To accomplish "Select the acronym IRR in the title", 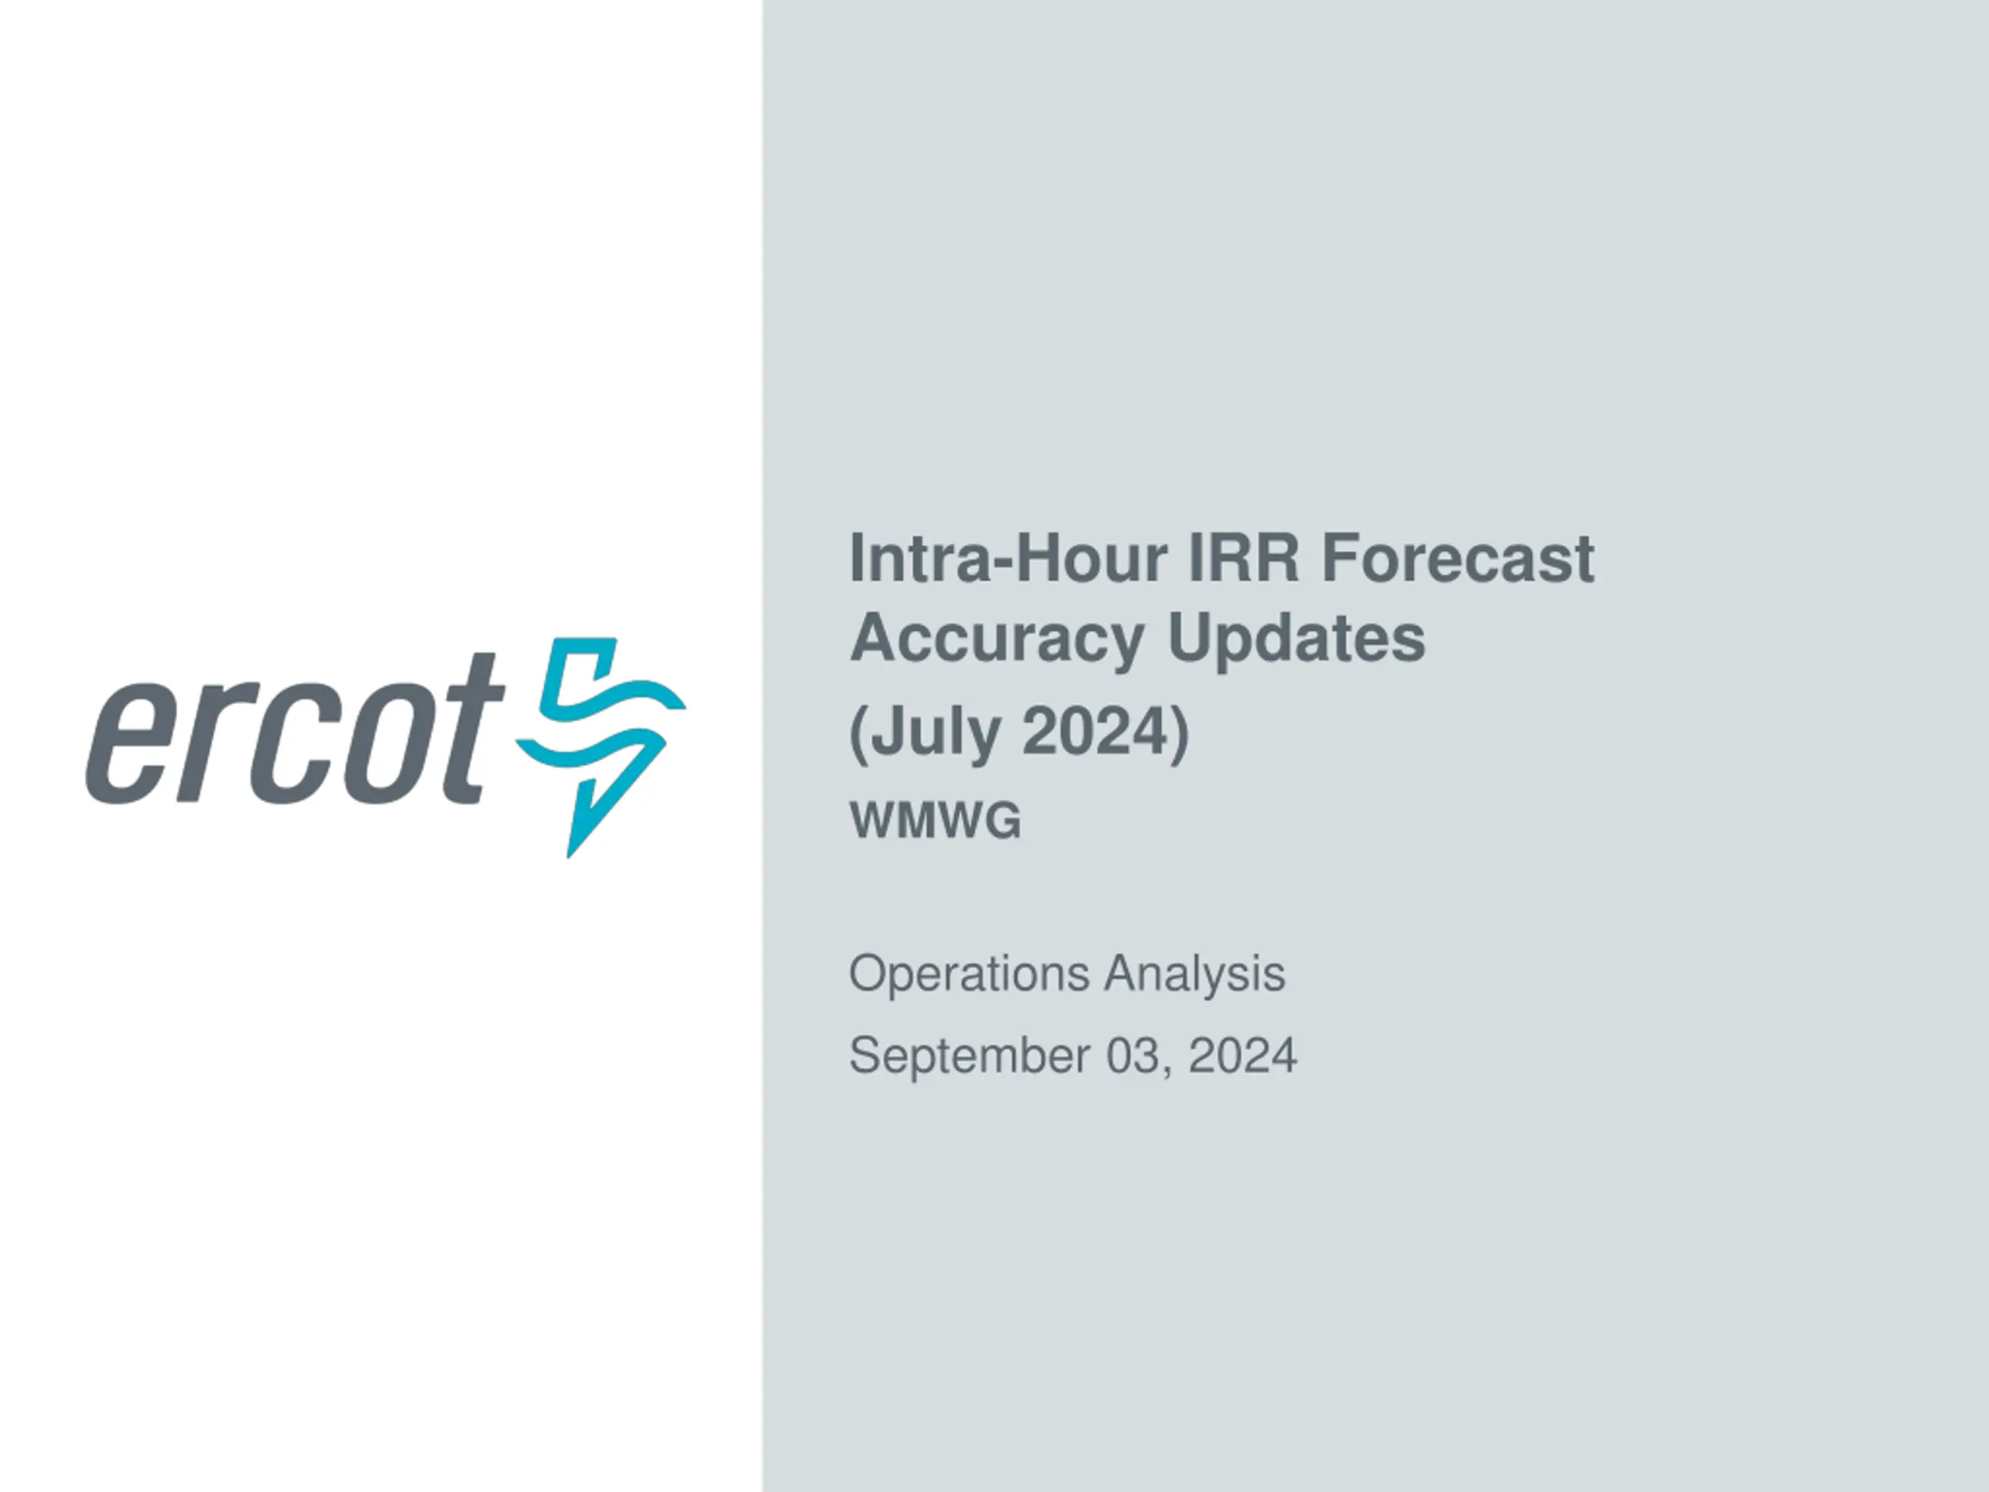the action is point(1244,559).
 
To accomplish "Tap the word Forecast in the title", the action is point(1458,559).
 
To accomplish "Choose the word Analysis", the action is point(1195,973).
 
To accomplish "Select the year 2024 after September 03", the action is point(1242,1055).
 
